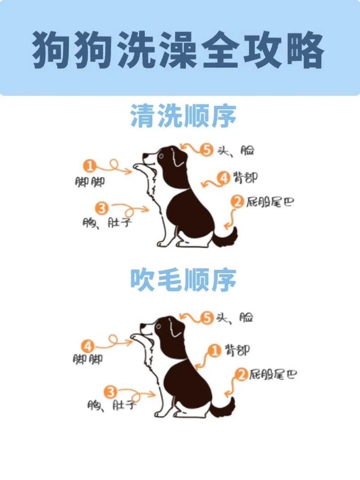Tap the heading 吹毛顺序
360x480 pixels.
click(x=183, y=280)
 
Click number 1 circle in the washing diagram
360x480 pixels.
click(x=90, y=167)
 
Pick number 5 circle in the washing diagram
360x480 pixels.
click(x=207, y=150)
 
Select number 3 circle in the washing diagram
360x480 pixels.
click(x=102, y=208)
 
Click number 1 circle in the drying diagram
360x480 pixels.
click(x=216, y=350)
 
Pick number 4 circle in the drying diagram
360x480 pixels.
click(x=88, y=346)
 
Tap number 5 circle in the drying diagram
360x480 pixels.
click(x=207, y=318)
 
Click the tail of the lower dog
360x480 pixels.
click(x=225, y=408)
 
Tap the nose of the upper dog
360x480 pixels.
click(x=144, y=156)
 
